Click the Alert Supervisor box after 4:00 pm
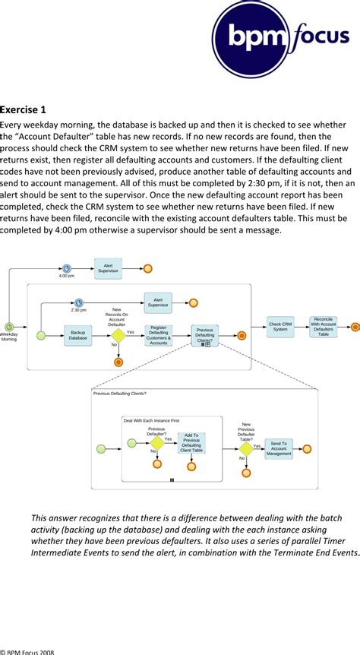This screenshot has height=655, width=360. click(x=108, y=267)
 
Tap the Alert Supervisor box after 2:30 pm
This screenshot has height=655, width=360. click(x=158, y=302)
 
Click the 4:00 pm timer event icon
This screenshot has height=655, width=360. click(x=67, y=268)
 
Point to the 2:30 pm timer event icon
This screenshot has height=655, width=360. click(x=78, y=302)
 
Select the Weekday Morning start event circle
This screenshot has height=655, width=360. click(x=8, y=327)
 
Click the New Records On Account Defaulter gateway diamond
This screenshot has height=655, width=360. click(x=118, y=335)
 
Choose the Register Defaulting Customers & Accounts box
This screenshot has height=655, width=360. click(x=159, y=335)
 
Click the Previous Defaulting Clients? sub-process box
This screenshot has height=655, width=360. click(x=204, y=335)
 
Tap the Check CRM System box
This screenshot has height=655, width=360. click(x=280, y=327)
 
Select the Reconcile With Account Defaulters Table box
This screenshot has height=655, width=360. click(x=324, y=327)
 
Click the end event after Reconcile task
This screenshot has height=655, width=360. click(x=354, y=327)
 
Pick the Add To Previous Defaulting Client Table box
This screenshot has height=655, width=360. click(x=191, y=443)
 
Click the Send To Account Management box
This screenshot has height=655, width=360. click(x=279, y=448)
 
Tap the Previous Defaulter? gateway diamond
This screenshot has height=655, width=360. click(x=156, y=443)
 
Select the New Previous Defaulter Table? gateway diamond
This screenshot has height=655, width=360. click(x=245, y=448)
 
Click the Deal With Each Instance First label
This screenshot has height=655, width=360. click(x=152, y=420)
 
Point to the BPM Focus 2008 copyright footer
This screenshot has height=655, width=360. click(x=28, y=650)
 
